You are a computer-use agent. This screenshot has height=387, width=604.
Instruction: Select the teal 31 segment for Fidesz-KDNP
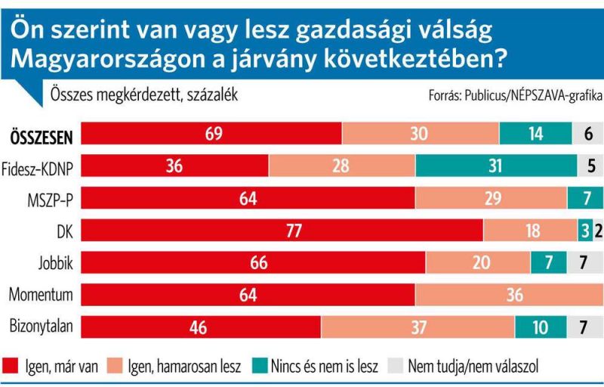point(495,165)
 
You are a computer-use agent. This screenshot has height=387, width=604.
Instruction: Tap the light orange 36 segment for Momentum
point(509,296)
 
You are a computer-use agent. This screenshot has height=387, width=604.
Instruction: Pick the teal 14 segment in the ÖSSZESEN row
point(535,133)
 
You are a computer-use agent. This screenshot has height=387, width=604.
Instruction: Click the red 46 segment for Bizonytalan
point(201,327)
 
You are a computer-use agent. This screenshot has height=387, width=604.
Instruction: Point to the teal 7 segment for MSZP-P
point(585,198)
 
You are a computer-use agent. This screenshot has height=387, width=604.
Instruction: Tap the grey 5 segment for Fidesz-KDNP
point(590,165)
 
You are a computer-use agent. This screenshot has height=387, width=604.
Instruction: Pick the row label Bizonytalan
point(40,328)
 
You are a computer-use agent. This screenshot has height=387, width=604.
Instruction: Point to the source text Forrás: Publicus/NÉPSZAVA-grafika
point(511,96)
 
